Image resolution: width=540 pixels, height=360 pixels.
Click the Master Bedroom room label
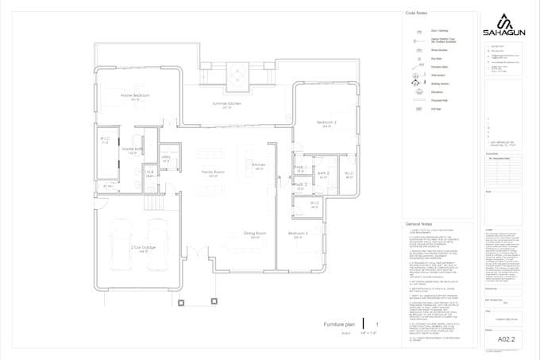coord(136,95)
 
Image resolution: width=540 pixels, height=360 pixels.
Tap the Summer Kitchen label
coord(226,104)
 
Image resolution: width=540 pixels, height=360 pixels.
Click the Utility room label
coord(166,157)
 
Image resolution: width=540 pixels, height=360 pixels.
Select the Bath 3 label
coord(323,173)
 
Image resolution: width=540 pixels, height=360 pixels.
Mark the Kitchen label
coord(259,165)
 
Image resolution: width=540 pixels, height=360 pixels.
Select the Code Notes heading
coord(417,14)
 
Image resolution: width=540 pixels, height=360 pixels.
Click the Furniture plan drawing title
coord(338,325)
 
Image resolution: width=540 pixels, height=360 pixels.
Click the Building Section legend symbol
coord(415,81)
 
